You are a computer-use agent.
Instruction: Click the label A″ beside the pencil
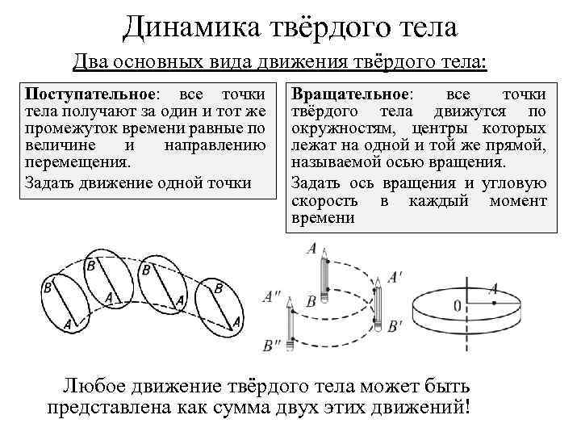tap(272, 297)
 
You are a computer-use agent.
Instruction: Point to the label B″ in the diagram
tap(272, 346)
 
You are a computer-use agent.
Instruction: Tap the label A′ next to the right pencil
tap(395, 277)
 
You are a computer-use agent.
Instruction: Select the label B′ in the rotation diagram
tap(395, 326)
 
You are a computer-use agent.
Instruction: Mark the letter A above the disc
tap(493, 287)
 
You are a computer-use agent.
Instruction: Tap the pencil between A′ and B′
tap(324, 279)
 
